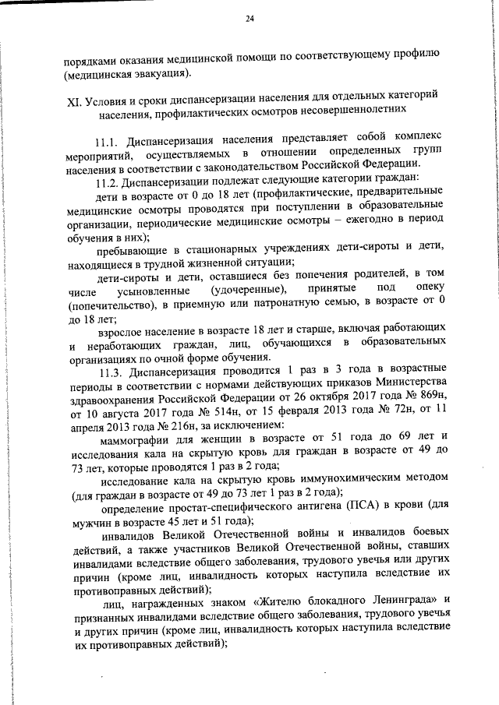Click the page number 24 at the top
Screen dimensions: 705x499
click(x=249, y=19)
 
